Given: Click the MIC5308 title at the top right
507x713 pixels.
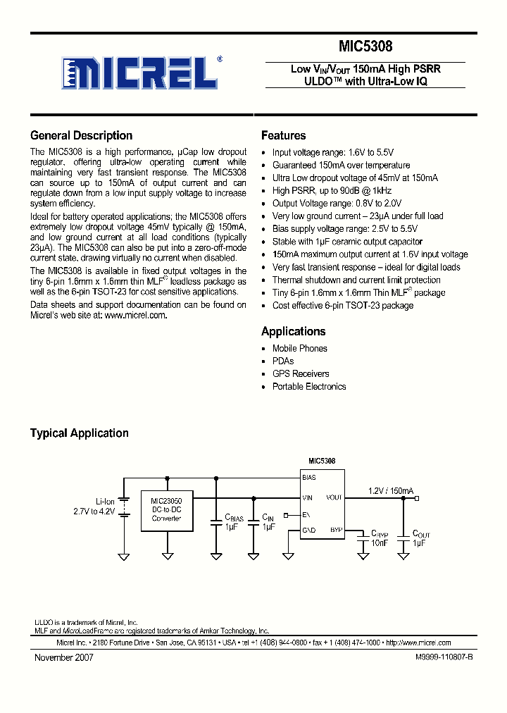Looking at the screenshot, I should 365,46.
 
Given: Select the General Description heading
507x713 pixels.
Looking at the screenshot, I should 81,135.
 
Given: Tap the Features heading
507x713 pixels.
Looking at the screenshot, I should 283,135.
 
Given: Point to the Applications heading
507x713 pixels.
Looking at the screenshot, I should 293,331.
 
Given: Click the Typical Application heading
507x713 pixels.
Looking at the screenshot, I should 79,433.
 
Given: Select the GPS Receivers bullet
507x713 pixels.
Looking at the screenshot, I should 301,373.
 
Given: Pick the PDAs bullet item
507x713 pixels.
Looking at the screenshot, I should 283,361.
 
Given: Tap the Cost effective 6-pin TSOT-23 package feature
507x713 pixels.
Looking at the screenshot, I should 343,305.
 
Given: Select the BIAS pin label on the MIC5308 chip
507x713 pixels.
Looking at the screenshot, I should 309,478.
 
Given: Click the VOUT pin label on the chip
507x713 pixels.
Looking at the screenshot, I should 334,497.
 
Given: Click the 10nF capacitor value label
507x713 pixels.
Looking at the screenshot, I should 379,543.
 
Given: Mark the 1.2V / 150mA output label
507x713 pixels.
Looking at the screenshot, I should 391,490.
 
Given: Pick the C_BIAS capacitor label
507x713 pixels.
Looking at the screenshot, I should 234,518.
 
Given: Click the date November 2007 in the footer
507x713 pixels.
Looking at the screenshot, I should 64,657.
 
